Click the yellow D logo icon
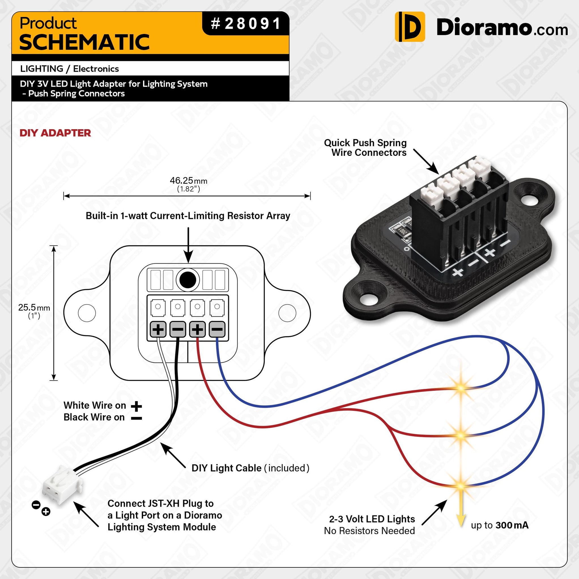[410, 27]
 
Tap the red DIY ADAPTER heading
[55, 133]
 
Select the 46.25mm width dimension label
[188, 181]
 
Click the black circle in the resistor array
[188, 280]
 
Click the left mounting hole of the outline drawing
[87, 313]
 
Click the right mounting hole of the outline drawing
[287, 313]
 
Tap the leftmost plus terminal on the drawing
[158, 329]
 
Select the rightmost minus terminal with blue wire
[217, 329]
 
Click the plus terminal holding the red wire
[197, 329]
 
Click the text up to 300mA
[499, 525]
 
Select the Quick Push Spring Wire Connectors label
[365, 148]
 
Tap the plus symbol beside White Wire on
[136, 406]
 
